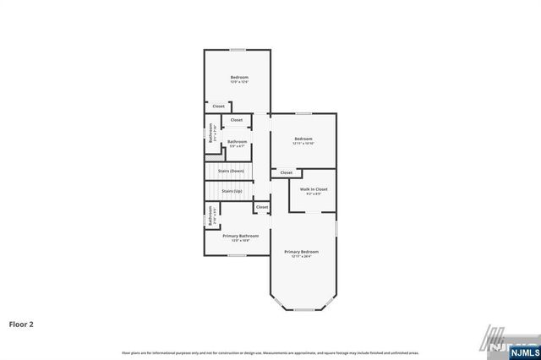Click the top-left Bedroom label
(x=239, y=78)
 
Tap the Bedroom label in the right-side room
(x=303, y=139)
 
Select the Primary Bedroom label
(x=301, y=252)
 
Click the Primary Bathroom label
(x=241, y=236)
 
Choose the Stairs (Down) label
(x=231, y=171)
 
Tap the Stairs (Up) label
(x=232, y=191)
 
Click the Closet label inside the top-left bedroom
(x=218, y=106)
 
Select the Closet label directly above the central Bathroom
(x=237, y=120)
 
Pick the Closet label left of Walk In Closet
(x=287, y=172)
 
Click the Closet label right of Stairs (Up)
(x=262, y=207)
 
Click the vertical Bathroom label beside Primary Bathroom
(x=210, y=216)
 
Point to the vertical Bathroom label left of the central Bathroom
(x=210, y=134)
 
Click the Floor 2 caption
(x=21, y=324)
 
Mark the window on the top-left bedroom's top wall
(x=237, y=50)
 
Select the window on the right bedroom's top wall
(x=303, y=113)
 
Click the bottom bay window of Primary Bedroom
(x=303, y=310)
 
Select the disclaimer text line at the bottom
(x=270, y=352)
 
